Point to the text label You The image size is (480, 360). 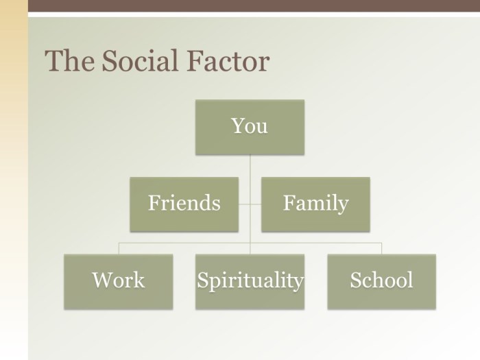tap(250, 126)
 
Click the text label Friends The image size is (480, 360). tap(184, 203)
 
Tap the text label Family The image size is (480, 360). tap(315, 203)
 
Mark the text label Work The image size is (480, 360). tap(119, 280)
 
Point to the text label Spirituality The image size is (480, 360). tap(250, 280)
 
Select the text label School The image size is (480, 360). tap(381, 280)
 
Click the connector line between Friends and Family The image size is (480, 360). tap(250, 204)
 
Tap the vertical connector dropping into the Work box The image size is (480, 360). tap(119, 248)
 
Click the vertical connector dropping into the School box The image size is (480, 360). tap(381, 248)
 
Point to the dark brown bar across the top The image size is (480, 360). tap(254, 5)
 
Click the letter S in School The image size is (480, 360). tap(355, 280)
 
